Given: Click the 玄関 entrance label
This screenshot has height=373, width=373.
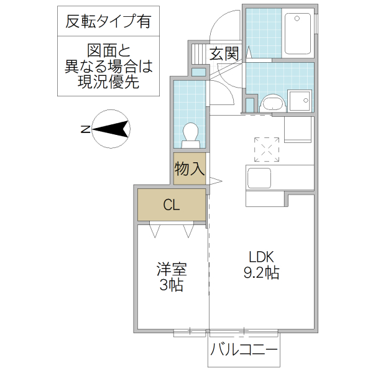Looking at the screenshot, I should point(224,53).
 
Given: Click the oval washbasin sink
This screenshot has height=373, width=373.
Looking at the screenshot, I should point(272,103).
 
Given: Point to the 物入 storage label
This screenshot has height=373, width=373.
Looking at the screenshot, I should point(189,168).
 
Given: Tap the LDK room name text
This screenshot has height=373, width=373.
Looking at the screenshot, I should point(262,256).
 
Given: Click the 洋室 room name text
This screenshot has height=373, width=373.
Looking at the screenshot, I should point(171,269).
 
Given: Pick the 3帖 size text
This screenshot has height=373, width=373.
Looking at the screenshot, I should point(171,285).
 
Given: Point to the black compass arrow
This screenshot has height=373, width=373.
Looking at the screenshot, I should point(112,129).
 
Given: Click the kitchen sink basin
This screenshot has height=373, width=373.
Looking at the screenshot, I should point(259,179).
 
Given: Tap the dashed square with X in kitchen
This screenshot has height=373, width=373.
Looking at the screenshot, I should point(268,149).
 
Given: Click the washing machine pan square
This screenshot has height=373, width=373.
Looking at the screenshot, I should point(300,101).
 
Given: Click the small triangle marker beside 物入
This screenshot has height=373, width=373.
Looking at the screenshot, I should point(214,182).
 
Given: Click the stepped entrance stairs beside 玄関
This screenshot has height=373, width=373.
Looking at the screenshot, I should point(197,53).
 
